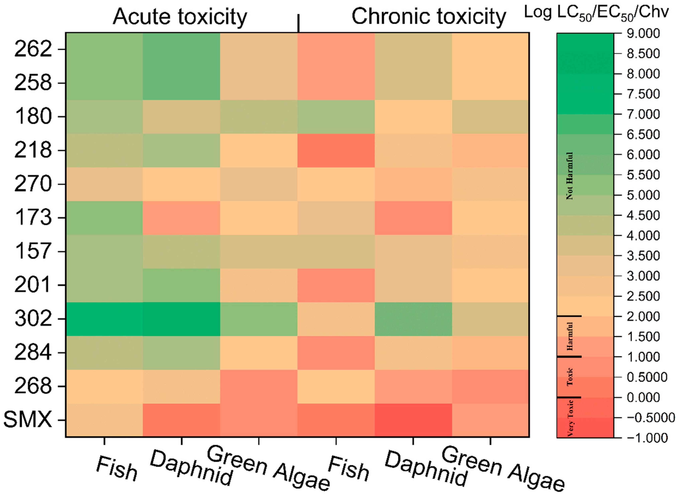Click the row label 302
pos(33,319)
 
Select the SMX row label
pos(28,420)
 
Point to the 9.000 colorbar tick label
pos(643,33)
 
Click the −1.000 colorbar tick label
pos(647,438)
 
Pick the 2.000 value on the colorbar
pos(643,316)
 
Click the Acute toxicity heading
pos(180,17)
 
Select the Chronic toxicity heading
pos(429,17)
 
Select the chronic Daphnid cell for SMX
pos(413,420)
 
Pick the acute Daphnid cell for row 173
pos(181,218)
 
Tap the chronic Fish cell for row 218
pos(336,150)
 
